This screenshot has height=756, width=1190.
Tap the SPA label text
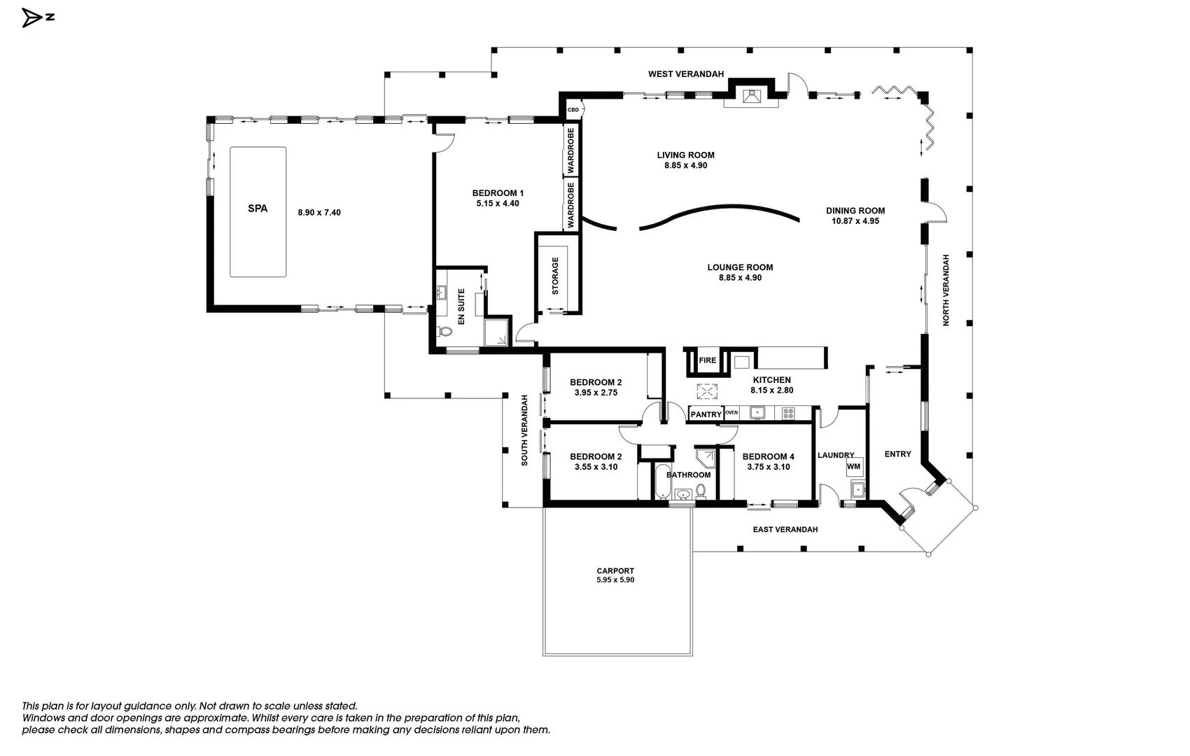point(258,209)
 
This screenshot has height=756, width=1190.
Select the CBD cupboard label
point(573,110)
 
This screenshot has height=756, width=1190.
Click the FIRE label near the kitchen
point(707,360)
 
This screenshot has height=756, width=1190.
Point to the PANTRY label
point(706,414)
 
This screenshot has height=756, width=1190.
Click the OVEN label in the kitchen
point(731,413)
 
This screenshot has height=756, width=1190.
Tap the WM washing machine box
point(854,467)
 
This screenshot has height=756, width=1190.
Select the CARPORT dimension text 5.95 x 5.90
point(615,580)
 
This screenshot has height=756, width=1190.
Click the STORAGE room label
point(556,276)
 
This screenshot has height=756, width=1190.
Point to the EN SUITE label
point(461,307)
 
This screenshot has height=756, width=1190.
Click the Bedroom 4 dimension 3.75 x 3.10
point(768,467)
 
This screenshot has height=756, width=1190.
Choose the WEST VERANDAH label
point(686,74)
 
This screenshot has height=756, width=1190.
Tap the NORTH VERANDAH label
point(946,290)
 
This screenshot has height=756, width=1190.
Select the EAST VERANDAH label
point(785,530)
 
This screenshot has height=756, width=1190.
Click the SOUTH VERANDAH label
point(524,430)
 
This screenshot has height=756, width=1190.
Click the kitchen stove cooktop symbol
point(788,413)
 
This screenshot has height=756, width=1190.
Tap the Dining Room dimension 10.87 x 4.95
point(855,221)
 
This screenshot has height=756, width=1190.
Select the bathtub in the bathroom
point(662,482)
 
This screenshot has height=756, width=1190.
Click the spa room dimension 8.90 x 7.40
point(319,213)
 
